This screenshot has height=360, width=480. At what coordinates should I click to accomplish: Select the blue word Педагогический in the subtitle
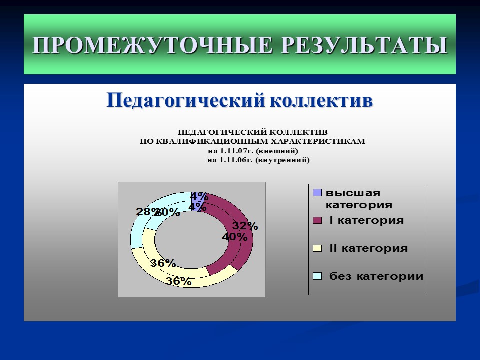click(x=185, y=100)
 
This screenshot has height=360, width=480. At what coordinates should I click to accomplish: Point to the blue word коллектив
click(x=321, y=100)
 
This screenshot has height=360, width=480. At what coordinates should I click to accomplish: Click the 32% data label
click(x=245, y=226)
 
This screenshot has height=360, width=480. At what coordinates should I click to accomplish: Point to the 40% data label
click(x=235, y=237)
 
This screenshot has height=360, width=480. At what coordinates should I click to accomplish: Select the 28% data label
click(x=145, y=212)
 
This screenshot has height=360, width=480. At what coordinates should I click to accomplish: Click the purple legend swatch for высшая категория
click(x=317, y=193)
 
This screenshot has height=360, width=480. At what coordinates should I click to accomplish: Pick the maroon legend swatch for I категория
click(x=317, y=220)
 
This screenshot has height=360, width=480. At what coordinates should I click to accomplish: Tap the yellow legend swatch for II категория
click(x=317, y=248)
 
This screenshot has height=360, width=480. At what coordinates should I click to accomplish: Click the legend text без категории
click(x=376, y=276)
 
